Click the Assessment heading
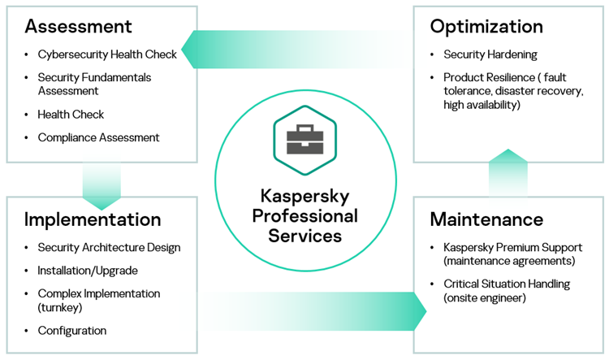pos(78,26)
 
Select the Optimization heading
pos(486,26)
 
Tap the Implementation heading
pos(93,219)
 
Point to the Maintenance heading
pos(486,219)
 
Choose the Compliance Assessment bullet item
pos(98,137)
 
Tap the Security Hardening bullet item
pos(490,54)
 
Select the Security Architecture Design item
pos(109,247)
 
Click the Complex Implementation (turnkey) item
pos(98,300)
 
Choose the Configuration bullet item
pos(71,331)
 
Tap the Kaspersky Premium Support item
pos(512,254)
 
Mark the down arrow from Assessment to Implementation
pos(101,183)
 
